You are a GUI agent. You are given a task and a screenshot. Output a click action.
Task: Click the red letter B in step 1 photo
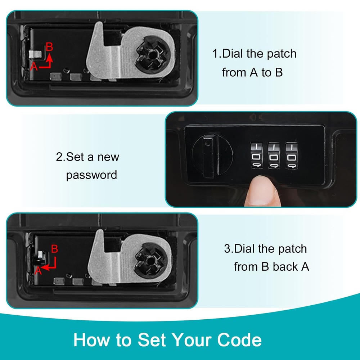(x=50, y=47)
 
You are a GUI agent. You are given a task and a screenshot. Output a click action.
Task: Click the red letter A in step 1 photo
(x=34, y=66)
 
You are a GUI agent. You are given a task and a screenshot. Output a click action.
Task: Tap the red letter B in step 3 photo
(x=54, y=249)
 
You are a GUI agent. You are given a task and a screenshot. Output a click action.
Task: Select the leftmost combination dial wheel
(x=256, y=156)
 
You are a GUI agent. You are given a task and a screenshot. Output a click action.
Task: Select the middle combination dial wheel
(x=274, y=156)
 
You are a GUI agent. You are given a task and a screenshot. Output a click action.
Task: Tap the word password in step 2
(x=91, y=175)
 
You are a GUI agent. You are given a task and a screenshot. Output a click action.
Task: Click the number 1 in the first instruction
(x=215, y=54)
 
